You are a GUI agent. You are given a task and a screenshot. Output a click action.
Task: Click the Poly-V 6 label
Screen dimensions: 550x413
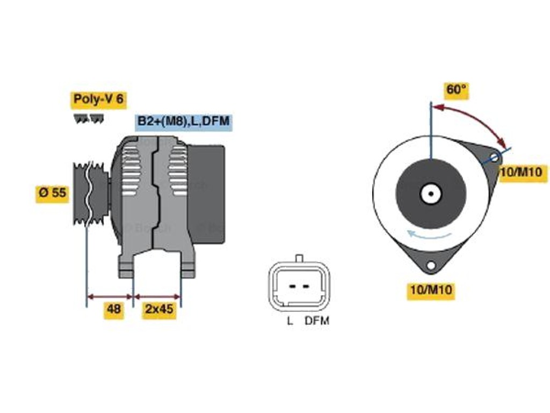[99, 99]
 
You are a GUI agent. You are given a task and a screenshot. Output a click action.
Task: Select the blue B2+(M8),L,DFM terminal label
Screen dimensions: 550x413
[184, 122]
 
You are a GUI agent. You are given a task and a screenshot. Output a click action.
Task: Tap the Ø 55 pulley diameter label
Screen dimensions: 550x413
[53, 193]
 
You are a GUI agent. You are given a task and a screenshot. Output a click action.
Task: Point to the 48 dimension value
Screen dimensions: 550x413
[114, 309]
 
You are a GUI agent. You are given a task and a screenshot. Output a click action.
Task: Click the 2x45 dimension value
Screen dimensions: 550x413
[160, 309]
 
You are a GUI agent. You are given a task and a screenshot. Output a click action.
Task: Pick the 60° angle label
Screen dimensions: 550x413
[457, 90]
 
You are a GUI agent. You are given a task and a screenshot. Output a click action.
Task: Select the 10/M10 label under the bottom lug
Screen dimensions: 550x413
[431, 290]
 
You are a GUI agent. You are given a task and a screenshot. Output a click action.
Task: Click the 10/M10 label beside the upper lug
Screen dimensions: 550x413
[523, 172]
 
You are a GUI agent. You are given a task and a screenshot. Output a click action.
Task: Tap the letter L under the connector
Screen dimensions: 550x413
[290, 321]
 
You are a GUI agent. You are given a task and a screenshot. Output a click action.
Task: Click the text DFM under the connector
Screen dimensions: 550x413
[317, 321]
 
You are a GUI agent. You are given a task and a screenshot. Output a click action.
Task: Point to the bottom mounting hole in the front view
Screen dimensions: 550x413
[430, 265]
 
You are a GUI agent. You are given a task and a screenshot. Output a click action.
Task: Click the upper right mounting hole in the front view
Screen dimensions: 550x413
[495, 157]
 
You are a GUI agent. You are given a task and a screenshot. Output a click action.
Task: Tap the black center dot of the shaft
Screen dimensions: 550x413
[431, 194]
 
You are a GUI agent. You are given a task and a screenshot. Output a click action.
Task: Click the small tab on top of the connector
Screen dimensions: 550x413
[299, 258]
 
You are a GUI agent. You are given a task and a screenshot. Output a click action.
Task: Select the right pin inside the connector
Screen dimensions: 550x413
[306, 286]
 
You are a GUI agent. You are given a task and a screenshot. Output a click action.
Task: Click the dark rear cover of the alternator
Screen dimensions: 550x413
[207, 194]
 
